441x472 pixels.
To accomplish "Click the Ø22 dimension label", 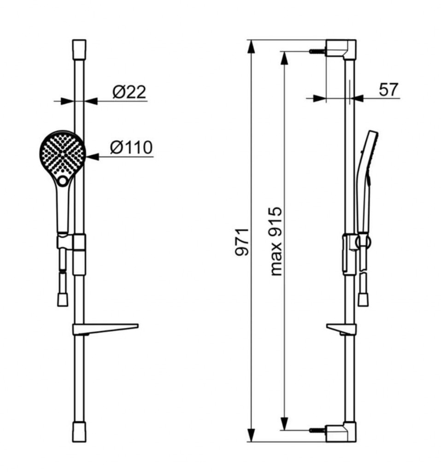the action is point(129,92).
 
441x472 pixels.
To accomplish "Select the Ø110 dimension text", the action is point(131,147).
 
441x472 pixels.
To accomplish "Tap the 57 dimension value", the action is point(388,89).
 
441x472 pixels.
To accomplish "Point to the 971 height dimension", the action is point(242,242).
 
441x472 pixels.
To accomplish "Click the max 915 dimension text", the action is point(276,241).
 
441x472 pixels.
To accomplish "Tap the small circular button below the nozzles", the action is point(63,181).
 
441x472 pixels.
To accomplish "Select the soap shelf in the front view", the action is point(105,329).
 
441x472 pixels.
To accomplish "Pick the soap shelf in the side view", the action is point(341,329).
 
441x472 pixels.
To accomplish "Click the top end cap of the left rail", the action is point(79,49).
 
